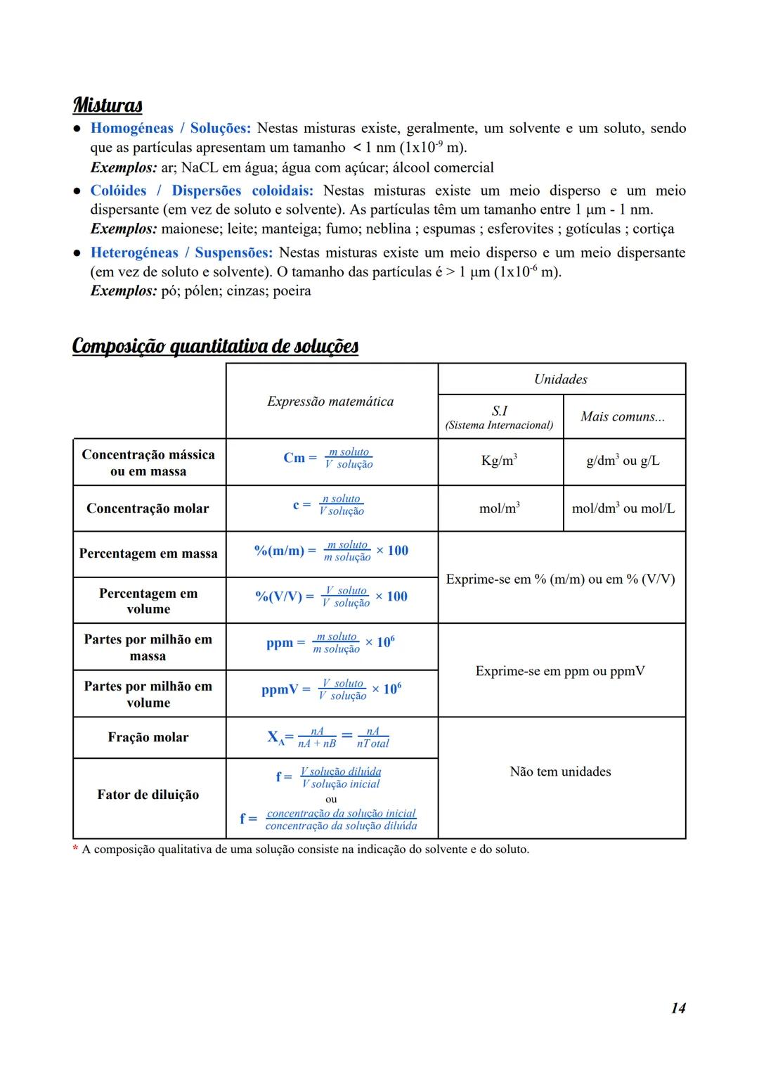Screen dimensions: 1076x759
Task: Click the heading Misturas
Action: point(108,105)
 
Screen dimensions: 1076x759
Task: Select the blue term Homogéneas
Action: point(131,129)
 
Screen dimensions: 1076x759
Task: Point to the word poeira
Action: point(292,291)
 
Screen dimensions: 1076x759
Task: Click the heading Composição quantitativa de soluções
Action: point(215,346)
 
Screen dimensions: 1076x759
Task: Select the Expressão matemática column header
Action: point(330,402)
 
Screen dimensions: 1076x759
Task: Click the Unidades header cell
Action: point(560,380)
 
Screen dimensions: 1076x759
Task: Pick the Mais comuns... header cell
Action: point(623,417)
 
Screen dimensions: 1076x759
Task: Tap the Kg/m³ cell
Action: point(499,461)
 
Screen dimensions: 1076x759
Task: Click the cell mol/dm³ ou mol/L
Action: point(623,508)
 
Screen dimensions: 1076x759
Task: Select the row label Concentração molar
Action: point(148,508)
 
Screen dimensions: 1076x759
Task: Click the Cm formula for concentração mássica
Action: point(328,459)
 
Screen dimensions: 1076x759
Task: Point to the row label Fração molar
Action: point(148,738)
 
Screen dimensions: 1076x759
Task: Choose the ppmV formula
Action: point(331,690)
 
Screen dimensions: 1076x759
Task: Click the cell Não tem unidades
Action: point(560,772)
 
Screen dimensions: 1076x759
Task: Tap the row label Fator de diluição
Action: point(148,795)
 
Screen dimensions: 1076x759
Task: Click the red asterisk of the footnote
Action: point(76,849)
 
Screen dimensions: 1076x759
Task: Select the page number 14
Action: point(677,1008)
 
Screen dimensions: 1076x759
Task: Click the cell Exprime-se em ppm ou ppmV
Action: point(560,672)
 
